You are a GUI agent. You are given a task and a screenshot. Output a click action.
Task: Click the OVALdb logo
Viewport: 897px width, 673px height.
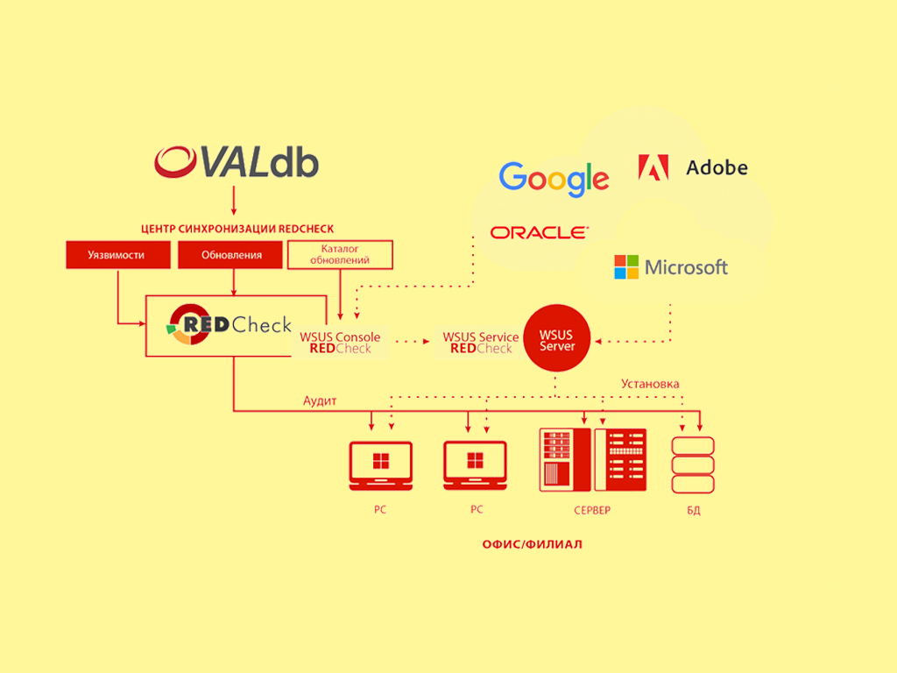pos(237,163)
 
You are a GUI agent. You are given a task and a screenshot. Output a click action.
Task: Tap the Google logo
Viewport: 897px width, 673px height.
pos(554,179)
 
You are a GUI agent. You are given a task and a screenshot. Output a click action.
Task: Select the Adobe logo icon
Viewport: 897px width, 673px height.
pos(653,167)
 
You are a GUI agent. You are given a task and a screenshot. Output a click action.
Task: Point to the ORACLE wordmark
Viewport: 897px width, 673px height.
pos(539,232)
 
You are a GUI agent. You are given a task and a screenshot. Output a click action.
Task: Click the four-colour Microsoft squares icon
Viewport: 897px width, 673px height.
pos(626,267)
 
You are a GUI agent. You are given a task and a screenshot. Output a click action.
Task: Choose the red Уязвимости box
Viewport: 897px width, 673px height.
pos(117,255)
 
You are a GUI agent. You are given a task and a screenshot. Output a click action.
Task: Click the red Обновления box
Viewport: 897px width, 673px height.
pos(231,255)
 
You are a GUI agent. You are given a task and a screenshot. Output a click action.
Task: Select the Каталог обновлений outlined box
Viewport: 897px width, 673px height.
pos(340,254)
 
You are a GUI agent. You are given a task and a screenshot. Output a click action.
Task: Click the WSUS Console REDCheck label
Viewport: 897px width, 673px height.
pos(340,343)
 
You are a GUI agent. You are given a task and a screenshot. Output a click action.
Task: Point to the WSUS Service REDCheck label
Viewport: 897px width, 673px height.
pos(481,343)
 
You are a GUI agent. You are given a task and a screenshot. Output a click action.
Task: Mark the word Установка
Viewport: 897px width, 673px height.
pos(650,384)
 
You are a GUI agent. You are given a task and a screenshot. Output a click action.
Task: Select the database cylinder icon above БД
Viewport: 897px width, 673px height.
pos(693,464)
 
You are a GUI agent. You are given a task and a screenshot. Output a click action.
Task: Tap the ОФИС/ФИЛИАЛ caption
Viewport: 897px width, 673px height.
pos(532,544)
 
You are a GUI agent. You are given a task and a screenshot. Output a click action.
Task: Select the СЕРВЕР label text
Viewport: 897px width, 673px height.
pos(592,510)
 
